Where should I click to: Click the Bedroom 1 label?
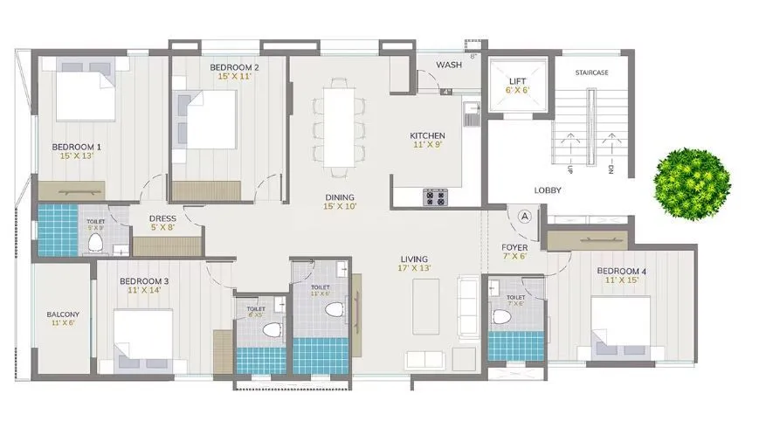point(76,147)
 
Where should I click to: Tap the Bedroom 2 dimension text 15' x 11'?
point(235,77)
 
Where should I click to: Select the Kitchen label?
point(428,135)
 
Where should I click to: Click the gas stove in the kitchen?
point(435,197)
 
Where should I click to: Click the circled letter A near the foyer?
point(525,215)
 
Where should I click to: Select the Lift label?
point(517,80)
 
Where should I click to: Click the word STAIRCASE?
point(591,72)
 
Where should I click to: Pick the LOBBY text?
point(548,190)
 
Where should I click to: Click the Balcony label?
point(63,314)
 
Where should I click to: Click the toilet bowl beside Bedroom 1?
point(96,241)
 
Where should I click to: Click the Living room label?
point(414,259)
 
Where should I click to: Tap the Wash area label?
point(449,65)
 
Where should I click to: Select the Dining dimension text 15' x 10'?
point(340,207)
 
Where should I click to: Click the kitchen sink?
point(471,113)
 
